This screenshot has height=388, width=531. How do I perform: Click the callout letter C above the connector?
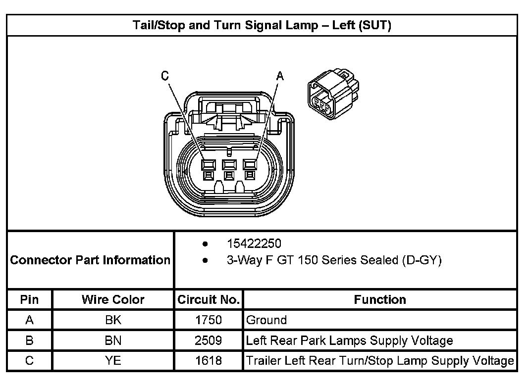[165, 76]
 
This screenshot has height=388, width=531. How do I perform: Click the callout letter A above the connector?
[280, 76]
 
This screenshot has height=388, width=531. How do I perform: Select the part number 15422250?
[254, 243]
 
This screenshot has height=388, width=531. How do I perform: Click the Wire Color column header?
[113, 299]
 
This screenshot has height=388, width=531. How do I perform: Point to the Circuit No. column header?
[209, 299]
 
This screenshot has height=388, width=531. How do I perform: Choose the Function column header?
[380, 299]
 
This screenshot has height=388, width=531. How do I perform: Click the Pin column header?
[29, 299]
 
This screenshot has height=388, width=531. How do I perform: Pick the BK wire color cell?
[113, 320]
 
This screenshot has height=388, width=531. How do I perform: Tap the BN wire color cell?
[113, 340]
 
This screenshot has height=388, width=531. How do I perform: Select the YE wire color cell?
[113, 361]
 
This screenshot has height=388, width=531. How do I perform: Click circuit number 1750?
[209, 320]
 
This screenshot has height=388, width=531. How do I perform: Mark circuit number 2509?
[209, 340]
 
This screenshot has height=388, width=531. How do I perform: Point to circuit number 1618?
[209, 361]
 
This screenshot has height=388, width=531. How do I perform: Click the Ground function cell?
[266, 320]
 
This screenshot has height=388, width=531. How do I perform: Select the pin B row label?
[29, 340]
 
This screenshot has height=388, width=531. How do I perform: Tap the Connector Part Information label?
[90, 260]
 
